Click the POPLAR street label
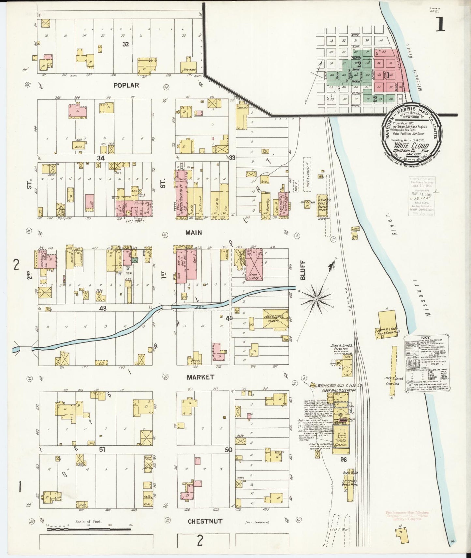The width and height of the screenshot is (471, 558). point(126,85)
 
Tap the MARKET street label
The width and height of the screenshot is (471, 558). point(200,377)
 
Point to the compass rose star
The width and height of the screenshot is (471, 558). point(316,298)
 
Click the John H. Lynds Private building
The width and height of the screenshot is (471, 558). point(275,318)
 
